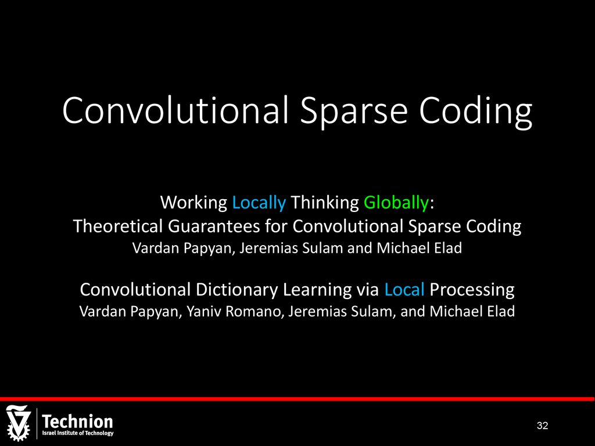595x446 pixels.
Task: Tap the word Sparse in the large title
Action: coord(354,111)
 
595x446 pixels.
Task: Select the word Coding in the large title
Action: coord(476,111)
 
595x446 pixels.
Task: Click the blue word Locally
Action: coord(259,203)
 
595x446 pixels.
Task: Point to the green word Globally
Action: coord(396,203)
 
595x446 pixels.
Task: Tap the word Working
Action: coord(193,203)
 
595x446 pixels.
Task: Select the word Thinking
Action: coord(324,203)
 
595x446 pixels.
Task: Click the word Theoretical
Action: coord(117,226)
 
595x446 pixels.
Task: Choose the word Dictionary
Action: coord(237,290)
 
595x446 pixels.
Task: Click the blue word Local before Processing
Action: coord(404,289)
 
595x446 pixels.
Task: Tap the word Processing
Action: coord(472,290)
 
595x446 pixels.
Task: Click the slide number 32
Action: coord(542,426)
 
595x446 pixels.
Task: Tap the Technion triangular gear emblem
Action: coord(18,423)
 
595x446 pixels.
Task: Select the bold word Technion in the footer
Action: coord(77,422)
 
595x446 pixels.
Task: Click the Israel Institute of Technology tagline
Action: coord(78,433)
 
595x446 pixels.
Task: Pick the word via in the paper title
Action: coord(368,290)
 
